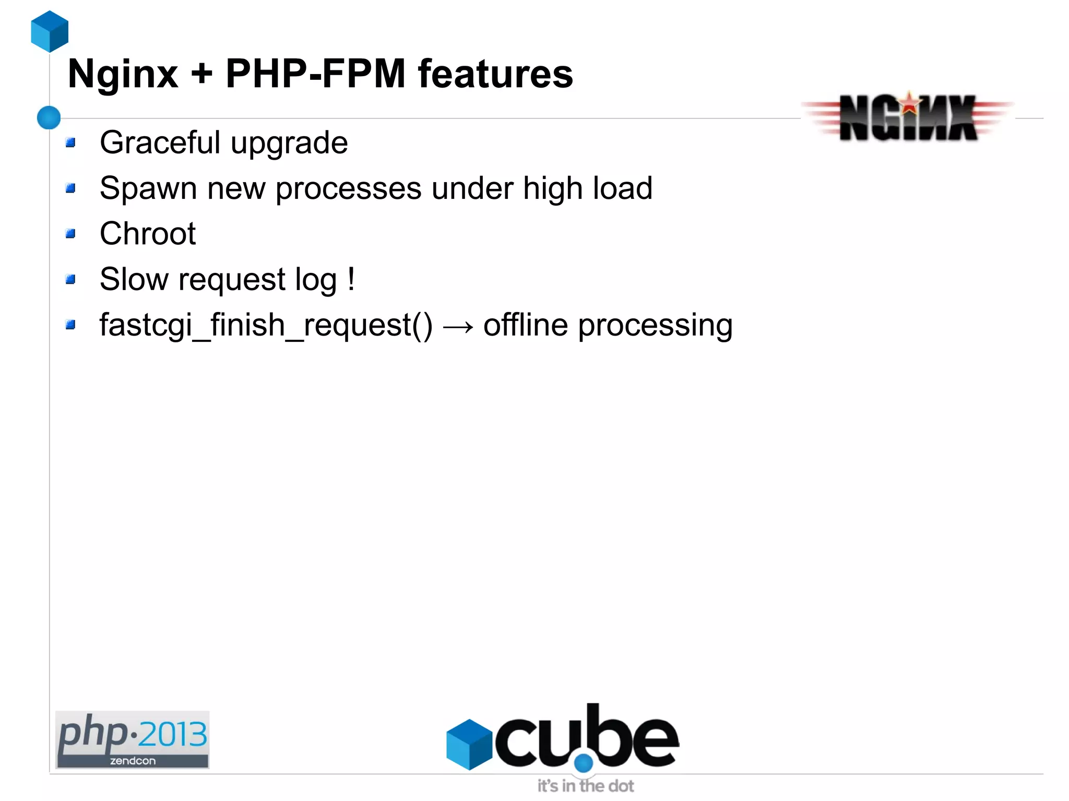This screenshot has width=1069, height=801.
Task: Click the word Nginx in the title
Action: [123, 74]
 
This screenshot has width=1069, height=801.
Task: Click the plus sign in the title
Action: [201, 74]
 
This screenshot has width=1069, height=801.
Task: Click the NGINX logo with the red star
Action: [908, 117]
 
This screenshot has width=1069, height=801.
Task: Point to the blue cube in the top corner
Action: [50, 31]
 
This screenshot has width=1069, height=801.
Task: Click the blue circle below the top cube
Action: [49, 117]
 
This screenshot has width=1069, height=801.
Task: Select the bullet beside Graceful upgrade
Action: [71, 142]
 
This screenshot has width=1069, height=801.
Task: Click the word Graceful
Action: [160, 142]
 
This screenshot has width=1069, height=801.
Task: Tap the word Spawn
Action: [148, 188]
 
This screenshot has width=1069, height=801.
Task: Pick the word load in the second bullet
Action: [625, 188]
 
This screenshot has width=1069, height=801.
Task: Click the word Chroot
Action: [148, 233]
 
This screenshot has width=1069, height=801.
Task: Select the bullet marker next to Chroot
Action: [71, 233]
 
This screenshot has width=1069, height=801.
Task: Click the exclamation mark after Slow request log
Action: [351, 279]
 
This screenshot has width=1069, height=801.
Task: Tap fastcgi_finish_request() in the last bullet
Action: [266, 325]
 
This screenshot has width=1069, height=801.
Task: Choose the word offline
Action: [525, 325]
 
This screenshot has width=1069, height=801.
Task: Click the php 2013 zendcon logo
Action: [133, 739]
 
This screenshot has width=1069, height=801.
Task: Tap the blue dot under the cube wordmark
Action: [584, 763]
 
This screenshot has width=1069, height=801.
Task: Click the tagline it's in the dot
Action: [586, 786]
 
